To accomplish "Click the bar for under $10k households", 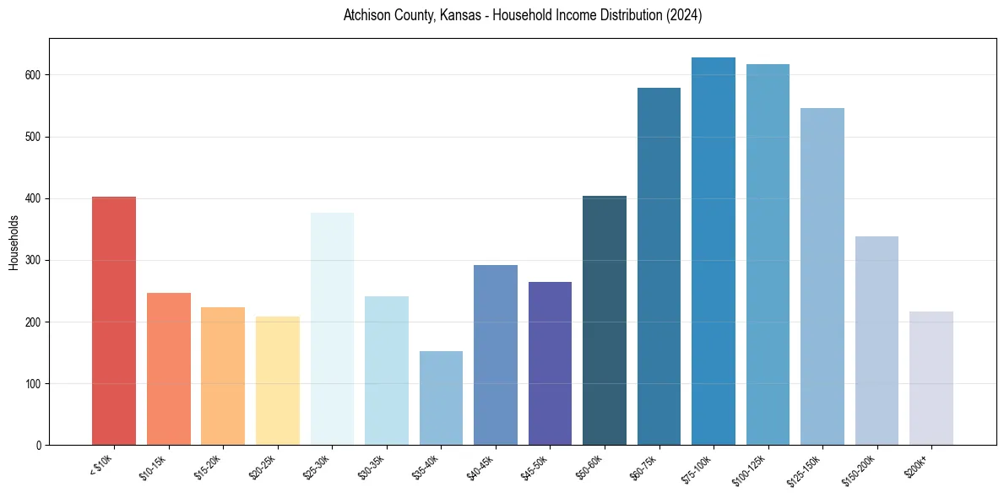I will pos(114,321).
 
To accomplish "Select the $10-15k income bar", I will pos(168,369).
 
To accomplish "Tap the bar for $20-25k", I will pos(277,381).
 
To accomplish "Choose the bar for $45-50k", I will pos(550,363).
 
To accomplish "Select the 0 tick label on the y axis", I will pos(39,446).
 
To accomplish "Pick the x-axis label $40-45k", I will pos(481,468).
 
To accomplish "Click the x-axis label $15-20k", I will pos(209,468).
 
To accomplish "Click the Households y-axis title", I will pos(14,242).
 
